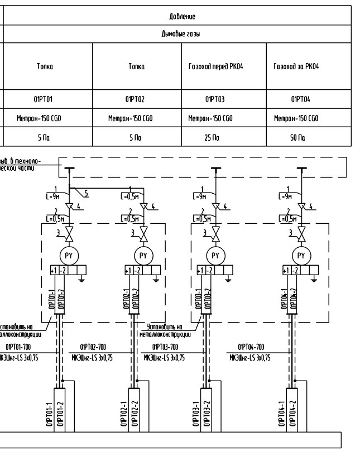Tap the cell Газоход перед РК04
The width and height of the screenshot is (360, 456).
[x=223, y=66]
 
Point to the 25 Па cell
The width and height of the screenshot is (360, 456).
[x=212, y=136]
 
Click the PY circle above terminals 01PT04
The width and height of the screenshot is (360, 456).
[x=302, y=256]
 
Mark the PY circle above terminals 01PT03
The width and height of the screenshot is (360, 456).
[x=215, y=256]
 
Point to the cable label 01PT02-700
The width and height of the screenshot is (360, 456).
[x=93, y=347]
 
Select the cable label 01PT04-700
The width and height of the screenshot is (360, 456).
[x=251, y=347]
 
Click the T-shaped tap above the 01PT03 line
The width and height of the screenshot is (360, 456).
[x=215, y=169]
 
